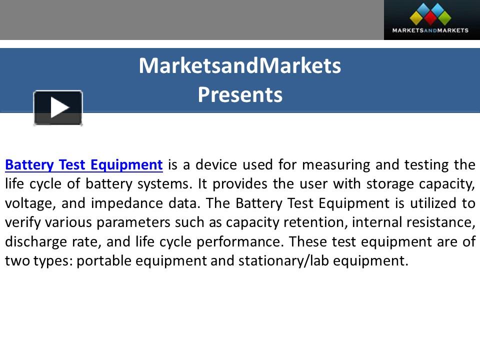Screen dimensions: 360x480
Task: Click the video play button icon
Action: coord(58,108)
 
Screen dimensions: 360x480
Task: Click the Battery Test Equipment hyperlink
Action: coord(84,164)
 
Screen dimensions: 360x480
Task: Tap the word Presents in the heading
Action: coord(240,94)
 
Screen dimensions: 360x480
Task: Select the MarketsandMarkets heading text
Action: coord(240,65)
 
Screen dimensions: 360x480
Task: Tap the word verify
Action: coord(19,222)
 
